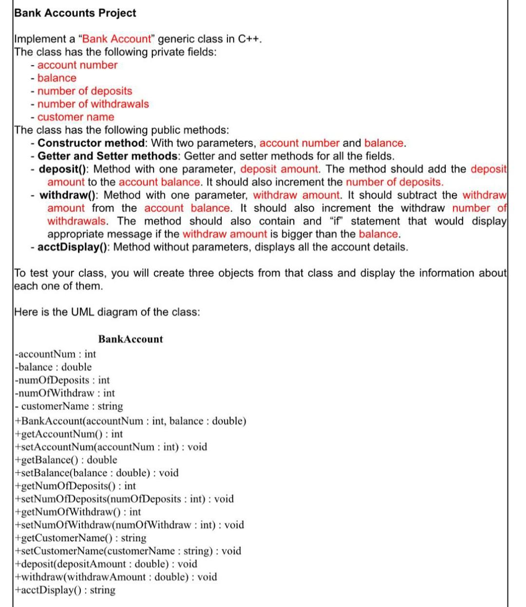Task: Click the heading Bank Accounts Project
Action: [75, 13]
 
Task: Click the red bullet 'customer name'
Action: [75, 117]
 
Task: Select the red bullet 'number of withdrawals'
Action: [93, 104]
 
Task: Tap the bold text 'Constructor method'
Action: [92, 143]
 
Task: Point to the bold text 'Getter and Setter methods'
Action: [108, 156]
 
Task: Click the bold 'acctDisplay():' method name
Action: [74, 247]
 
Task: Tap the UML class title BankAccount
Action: [131, 339]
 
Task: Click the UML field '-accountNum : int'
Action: [56, 354]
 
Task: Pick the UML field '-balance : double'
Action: [53, 367]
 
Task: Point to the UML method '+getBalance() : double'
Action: [66, 460]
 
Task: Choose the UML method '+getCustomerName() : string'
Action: [81, 538]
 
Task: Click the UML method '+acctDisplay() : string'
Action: [65, 590]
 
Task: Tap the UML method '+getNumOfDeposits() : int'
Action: [75, 486]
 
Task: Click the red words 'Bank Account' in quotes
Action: [117, 39]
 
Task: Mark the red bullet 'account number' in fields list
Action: [77, 65]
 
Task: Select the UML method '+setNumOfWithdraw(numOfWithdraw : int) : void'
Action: [130, 525]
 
